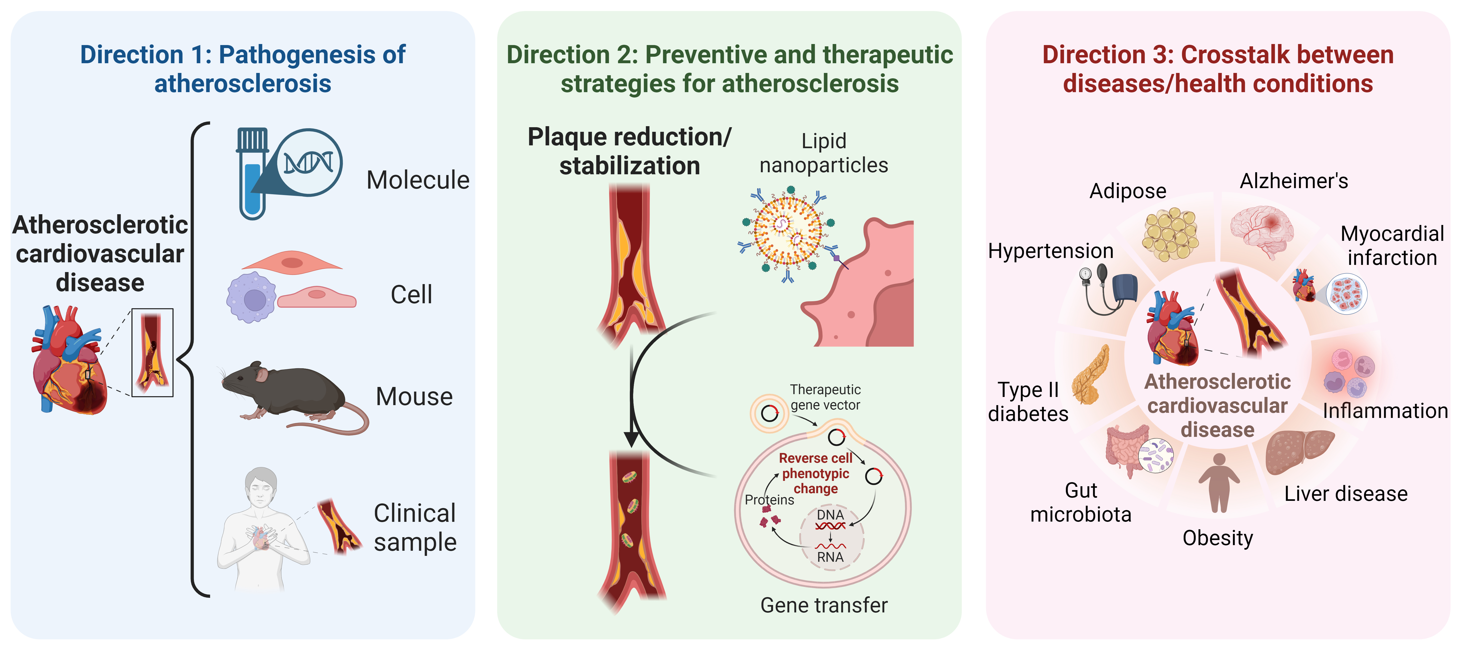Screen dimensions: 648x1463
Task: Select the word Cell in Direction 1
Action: pyautogui.click(x=411, y=295)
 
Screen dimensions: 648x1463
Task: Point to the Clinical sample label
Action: pyautogui.click(x=415, y=528)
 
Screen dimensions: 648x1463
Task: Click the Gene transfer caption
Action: pyautogui.click(x=823, y=606)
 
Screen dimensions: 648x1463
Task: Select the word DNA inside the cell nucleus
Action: pyautogui.click(x=830, y=515)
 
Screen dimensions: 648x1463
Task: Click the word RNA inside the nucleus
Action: pyautogui.click(x=830, y=557)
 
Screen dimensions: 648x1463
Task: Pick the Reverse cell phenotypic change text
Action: pyautogui.click(x=816, y=473)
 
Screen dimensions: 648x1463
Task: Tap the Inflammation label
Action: pyautogui.click(x=1385, y=411)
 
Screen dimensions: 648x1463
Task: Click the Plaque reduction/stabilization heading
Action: pyautogui.click(x=629, y=152)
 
